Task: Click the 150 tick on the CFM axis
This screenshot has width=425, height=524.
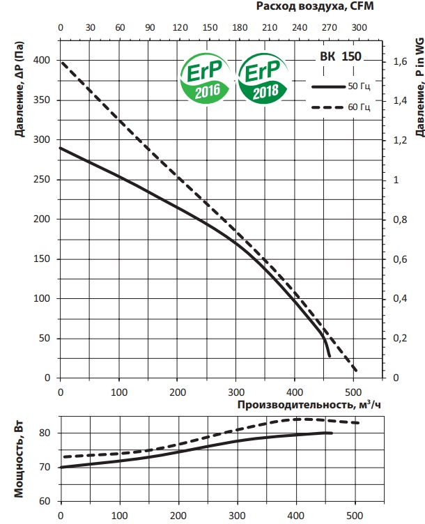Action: (208, 29)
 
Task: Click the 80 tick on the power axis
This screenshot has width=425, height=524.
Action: (45, 433)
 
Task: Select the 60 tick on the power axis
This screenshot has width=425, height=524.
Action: (45, 501)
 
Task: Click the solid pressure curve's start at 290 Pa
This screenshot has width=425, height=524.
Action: (61, 148)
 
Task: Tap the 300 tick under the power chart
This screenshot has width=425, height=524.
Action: (238, 516)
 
